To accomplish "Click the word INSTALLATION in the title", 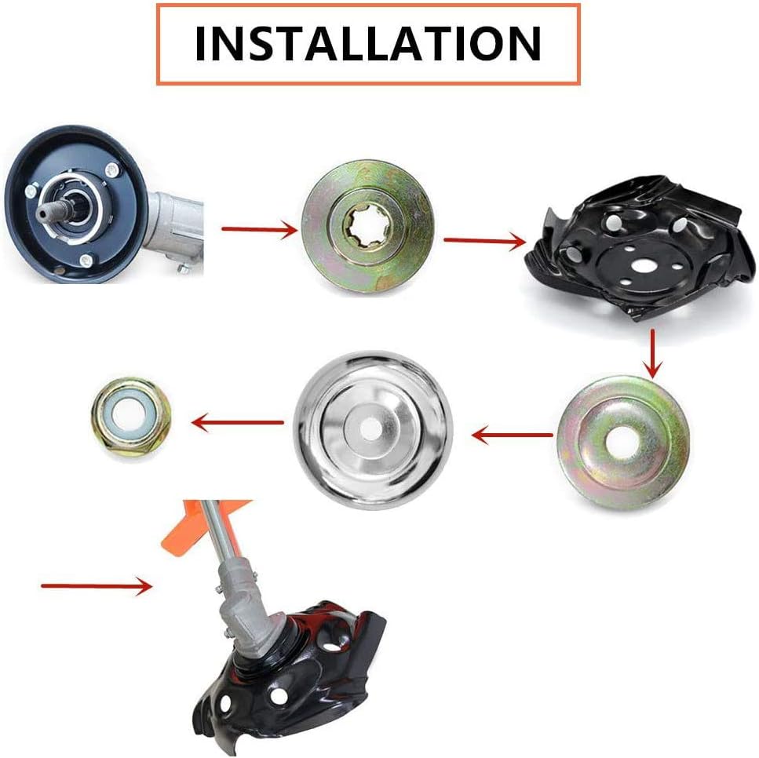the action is [x=368, y=43].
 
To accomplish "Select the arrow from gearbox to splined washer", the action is [x=260, y=229].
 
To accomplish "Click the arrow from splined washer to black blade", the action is [x=484, y=241].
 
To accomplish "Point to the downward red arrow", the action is [x=653, y=353].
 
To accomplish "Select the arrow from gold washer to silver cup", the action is [x=512, y=435].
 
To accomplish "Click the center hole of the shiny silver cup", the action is [x=370, y=428].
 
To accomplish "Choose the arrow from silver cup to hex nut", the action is [x=237, y=423].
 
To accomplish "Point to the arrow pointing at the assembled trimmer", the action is [x=97, y=585].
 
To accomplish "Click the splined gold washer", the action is [x=368, y=227].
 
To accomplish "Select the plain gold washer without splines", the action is [x=622, y=442].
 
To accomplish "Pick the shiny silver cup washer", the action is [x=373, y=430].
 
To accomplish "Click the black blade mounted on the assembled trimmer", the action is [x=290, y=678].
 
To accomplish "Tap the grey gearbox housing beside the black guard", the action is [x=173, y=228].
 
